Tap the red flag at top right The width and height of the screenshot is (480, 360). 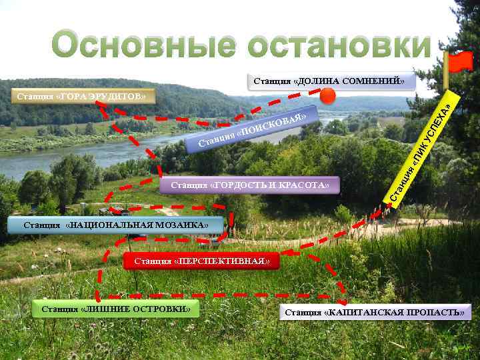coord(459,62)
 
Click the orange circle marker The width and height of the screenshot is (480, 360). coord(327,97)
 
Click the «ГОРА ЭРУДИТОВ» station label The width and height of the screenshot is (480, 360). coord(81,97)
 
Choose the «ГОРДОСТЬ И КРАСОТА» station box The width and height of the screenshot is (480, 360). coord(250,185)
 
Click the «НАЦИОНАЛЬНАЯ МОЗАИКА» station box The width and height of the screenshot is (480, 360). coord(115,225)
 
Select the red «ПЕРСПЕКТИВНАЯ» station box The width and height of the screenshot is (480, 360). coord(201,261)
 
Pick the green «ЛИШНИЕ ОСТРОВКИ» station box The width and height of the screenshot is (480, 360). coord(116,309)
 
